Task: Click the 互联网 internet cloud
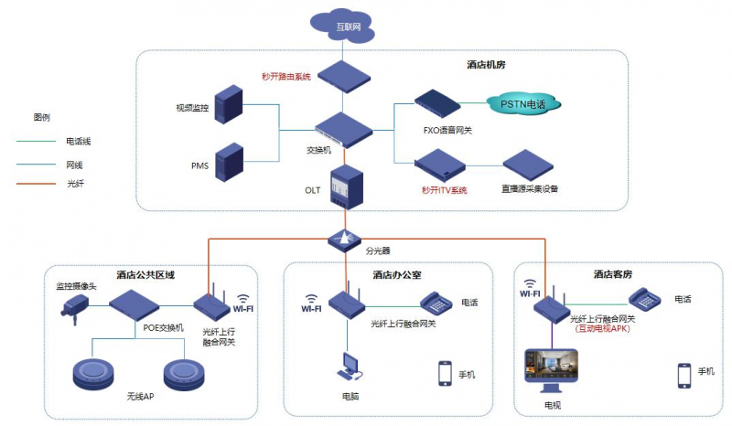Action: coord(342,26)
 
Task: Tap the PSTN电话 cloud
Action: coord(523,104)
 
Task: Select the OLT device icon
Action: coord(347,186)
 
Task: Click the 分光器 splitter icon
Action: coord(345,240)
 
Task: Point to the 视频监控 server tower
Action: coord(229,104)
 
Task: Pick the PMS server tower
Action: coord(230,163)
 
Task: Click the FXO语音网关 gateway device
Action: coord(437,103)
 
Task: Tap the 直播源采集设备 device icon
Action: coord(528,165)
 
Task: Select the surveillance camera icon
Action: coord(74,308)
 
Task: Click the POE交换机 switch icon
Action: coord(134,304)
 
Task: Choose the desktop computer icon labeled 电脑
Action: coord(350,366)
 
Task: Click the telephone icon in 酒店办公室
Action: coord(436,303)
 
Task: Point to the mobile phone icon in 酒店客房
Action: coord(684,376)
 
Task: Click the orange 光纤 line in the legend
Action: coord(36,184)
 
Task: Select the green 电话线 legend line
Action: coord(36,141)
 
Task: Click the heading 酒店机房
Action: coord(486,64)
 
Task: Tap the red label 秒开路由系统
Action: coord(286,77)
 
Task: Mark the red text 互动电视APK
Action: coord(602,328)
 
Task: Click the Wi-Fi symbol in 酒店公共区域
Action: coord(243,304)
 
